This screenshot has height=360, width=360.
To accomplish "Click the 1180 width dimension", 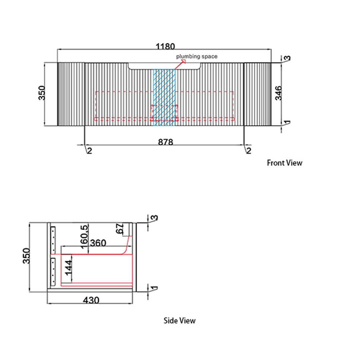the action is pyautogui.click(x=165, y=47).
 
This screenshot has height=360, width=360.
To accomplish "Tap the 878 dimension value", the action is pyautogui.click(x=165, y=142).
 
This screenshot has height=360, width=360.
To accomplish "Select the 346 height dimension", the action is pyautogui.click(x=278, y=93).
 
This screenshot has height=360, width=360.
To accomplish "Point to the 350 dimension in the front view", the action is pyautogui.click(x=42, y=93).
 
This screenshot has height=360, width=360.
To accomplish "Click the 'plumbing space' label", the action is pyautogui.click(x=197, y=56).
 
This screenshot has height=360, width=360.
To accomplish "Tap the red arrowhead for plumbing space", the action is pyautogui.click(x=183, y=61).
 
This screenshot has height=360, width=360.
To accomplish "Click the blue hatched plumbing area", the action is pyautogui.click(x=164, y=97).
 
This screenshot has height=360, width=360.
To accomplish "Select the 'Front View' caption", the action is pyautogui.click(x=284, y=163).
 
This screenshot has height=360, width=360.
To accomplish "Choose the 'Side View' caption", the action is pyautogui.click(x=180, y=321).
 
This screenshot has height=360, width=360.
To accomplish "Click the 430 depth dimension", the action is pyautogui.click(x=91, y=300).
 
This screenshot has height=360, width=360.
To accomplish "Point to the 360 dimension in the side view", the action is pyautogui.click(x=98, y=243).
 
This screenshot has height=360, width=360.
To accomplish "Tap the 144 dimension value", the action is pyautogui.click(x=68, y=268).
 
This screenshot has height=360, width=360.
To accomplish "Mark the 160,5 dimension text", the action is pyautogui.click(x=84, y=237).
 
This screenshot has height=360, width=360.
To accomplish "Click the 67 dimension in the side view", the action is pyautogui.click(x=120, y=229).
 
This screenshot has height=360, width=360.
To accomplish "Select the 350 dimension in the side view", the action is pyautogui.click(x=26, y=256).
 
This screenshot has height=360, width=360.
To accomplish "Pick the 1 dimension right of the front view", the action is pyautogui.click(x=287, y=123).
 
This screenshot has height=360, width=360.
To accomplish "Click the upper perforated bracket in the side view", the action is pyautogui.click(x=53, y=240).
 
